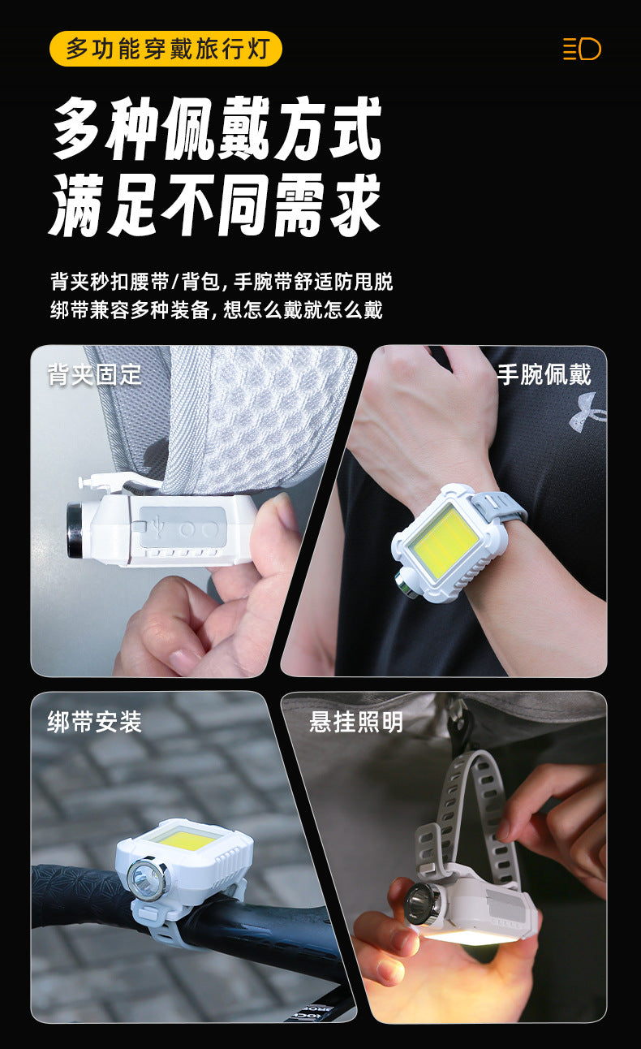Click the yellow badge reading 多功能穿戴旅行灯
click(166, 49)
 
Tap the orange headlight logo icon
click(582, 49)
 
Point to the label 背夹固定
click(94, 374)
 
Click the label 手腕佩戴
click(544, 374)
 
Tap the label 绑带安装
click(94, 722)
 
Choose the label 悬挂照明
click(356, 722)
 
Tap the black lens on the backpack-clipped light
click(75, 530)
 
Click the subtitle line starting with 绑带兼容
click(217, 309)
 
